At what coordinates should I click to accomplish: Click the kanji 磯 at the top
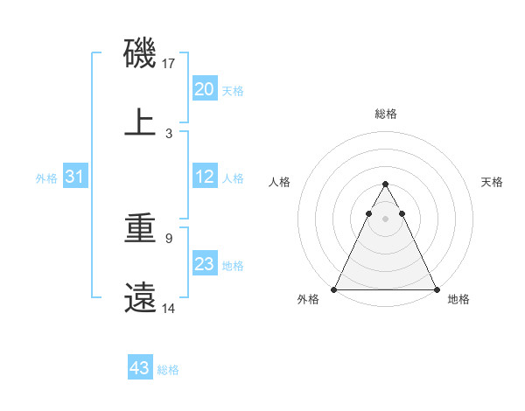tap(140, 53)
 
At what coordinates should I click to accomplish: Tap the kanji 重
tap(140, 228)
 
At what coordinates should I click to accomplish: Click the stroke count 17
tap(170, 64)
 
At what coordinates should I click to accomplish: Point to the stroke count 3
tap(169, 133)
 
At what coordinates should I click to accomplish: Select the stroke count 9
tap(169, 238)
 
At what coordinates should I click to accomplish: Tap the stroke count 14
tap(170, 308)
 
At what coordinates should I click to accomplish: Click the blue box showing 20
tap(205, 89)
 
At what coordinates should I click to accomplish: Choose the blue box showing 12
tap(205, 177)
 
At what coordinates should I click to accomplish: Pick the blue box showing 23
tap(205, 264)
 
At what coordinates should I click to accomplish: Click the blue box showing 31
tap(75, 177)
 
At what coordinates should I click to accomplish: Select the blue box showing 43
tap(140, 368)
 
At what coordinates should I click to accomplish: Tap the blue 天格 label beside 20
tap(233, 91)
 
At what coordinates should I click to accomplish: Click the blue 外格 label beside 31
tap(46, 178)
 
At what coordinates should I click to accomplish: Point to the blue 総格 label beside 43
tap(168, 370)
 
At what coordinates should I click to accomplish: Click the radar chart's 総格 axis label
tap(385, 114)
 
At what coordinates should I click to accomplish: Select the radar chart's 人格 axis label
tap(280, 182)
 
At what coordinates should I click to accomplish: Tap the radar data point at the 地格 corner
tap(436, 289)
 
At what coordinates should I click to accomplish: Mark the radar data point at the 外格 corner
tap(334, 289)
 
